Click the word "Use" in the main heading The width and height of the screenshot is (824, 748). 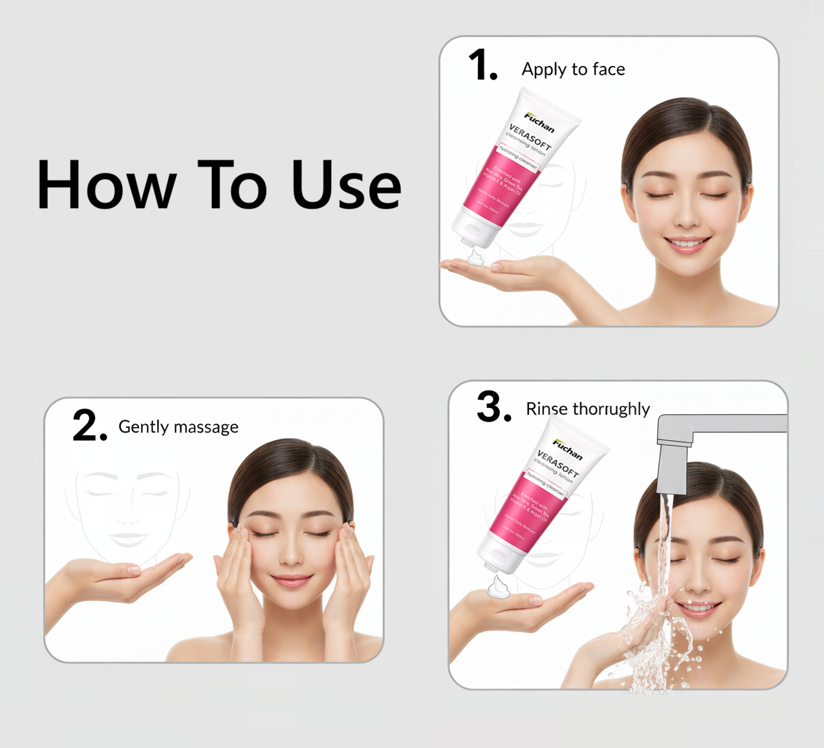[x=346, y=186]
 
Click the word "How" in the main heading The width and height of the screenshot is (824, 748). [x=107, y=186]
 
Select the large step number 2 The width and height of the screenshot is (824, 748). [x=89, y=426]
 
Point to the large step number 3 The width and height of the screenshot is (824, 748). [x=493, y=407]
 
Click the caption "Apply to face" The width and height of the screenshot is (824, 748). [x=573, y=69]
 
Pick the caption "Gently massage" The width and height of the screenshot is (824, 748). [x=179, y=427]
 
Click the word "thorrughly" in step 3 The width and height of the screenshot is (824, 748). [x=611, y=409]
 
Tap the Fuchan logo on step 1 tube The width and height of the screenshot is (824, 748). [x=539, y=122]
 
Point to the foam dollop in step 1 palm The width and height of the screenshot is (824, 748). [x=475, y=258]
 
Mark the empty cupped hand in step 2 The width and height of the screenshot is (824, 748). [x=129, y=572]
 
